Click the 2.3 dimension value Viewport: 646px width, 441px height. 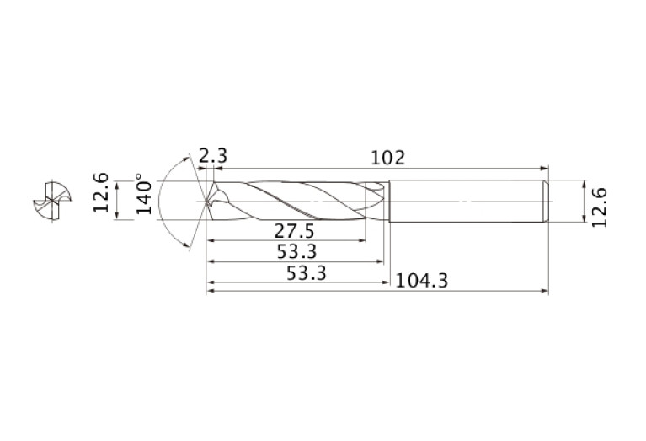coord(213,156)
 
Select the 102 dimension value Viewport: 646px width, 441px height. coord(387,157)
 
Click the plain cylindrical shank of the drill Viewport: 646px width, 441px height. coord(463,202)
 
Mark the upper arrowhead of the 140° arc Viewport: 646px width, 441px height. coord(186,159)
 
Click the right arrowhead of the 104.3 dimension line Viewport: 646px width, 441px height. coord(545,292)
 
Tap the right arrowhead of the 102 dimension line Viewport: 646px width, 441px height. coord(545,169)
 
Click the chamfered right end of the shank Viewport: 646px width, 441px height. coord(546,202)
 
